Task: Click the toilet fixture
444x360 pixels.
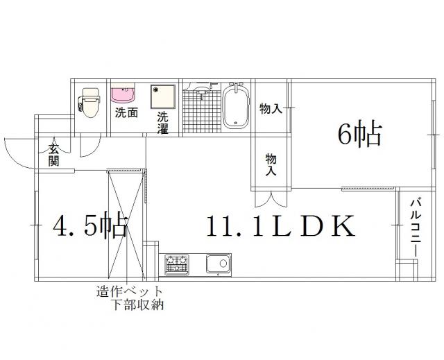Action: click(89, 103)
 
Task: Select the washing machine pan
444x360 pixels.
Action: click(163, 96)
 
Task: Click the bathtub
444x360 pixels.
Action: click(236, 105)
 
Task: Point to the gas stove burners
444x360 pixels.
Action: click(178, 264)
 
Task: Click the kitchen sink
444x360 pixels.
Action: click(219, 264)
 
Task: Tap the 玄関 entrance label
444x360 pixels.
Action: click(53, 155)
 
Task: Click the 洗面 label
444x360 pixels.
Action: click(126, 113)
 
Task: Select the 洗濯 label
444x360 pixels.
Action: click(163, 123)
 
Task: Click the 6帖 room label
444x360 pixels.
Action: click(359, 134)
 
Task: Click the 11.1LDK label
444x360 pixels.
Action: click(280, 226)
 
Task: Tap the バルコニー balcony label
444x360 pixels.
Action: click(416, 228)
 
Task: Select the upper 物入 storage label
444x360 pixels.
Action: click(271, 108)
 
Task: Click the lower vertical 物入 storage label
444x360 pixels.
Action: click(271, 164)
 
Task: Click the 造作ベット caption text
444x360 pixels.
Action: click(130, 291)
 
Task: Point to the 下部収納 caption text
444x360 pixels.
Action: click(139, 305)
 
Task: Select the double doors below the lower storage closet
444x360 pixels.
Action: click(271, 199)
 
